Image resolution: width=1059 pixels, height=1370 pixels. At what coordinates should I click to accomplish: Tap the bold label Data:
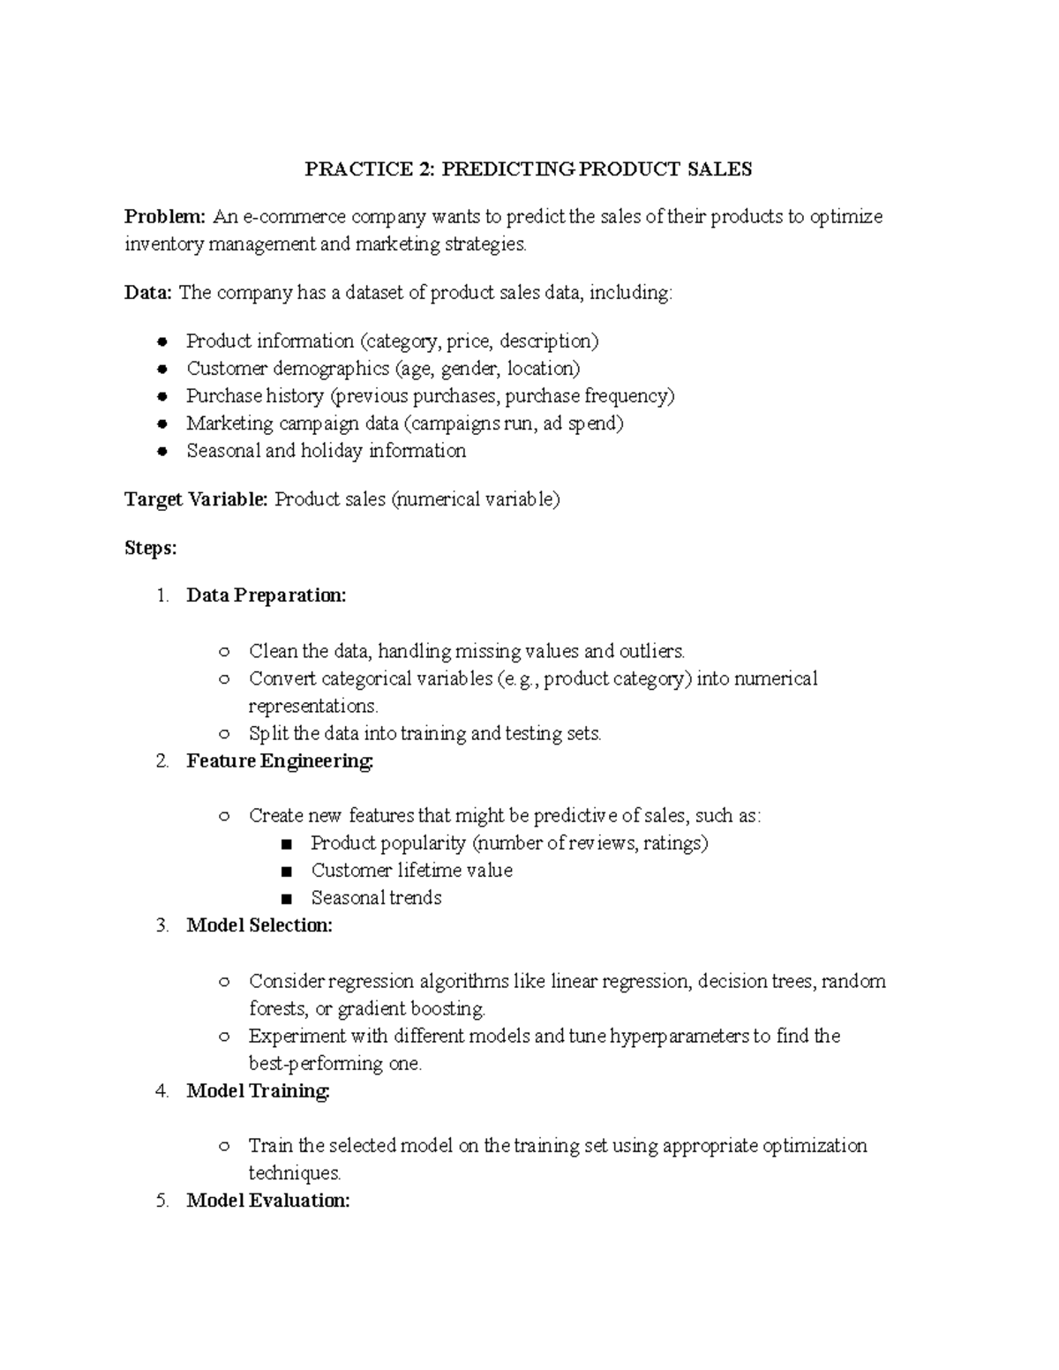pyautogui.click(x=148, y=293)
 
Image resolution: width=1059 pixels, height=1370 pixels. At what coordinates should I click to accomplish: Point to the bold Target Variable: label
pyautogui.click(x=196, y=500)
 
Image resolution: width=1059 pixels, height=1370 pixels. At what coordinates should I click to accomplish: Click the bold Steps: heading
pyautogui.click(x=151, y=549)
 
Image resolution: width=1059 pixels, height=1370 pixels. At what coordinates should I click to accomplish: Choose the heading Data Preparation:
pyautogui.click(x=267, y=595)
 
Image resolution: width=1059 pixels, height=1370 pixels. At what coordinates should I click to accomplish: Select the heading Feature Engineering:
pyautogui.click(x=280, y=760)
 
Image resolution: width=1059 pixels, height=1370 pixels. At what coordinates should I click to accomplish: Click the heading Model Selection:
pyautogui.click(x=259, y=925)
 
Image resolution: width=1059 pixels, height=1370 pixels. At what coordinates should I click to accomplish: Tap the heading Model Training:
pyautogui.click(x=258, y=1091)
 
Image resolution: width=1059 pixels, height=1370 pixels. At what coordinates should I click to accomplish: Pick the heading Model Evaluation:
pyautogui.click(x=268, y=1201)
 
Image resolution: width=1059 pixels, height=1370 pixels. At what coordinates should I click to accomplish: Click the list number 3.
pyautogui.click(x=161, y=925)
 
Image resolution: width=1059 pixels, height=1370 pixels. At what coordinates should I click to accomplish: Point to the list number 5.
pyautogui.click(x=161, y=1201)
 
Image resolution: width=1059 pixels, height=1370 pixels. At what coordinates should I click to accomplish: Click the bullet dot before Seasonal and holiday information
pyautogui.click(x=161, y=452)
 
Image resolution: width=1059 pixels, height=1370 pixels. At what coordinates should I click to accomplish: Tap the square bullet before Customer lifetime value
pyautogui.click(x=285, y=872)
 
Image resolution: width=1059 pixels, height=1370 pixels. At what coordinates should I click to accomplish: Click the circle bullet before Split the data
pyautogui.click(x=224, y=734)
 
